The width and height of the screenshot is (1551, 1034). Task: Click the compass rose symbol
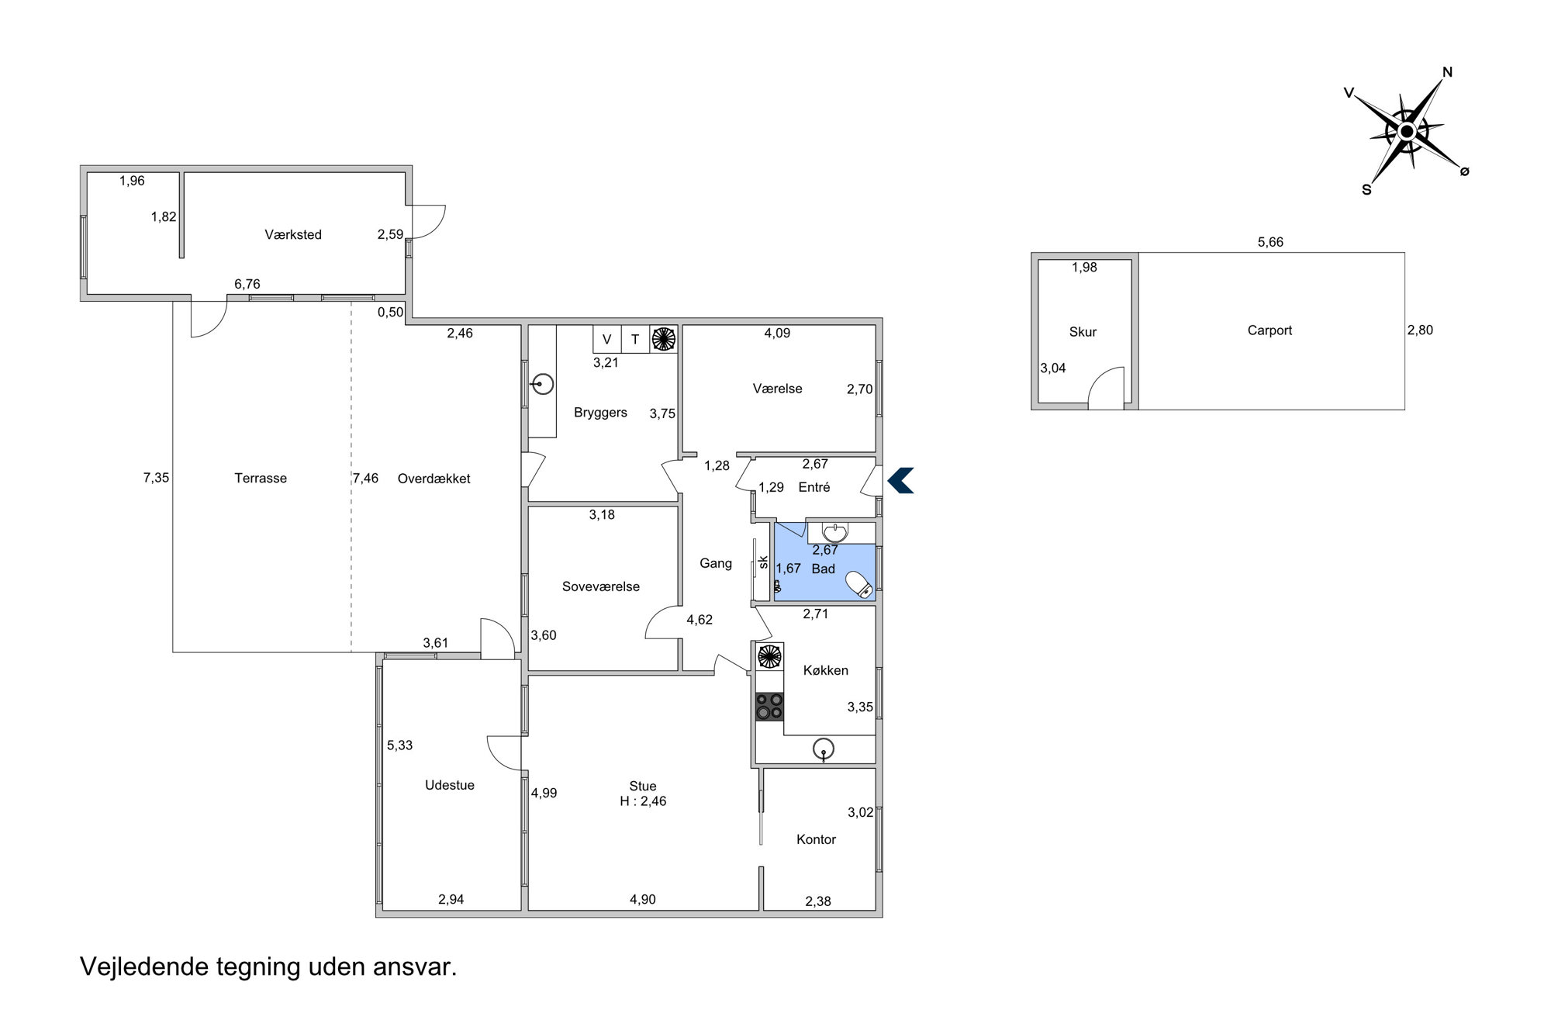[x=1406, y=132]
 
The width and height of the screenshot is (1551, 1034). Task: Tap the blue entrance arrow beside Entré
[x=900, y=480]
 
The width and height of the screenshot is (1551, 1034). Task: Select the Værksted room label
[x=293, y=234]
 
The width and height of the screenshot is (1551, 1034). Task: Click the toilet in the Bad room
[x=859, y=584]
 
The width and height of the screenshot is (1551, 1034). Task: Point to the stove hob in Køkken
[x=770, y=706]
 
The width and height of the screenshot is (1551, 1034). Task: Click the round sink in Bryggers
[x=544, y=383]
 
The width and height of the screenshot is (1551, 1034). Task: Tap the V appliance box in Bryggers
[x=607, y=339]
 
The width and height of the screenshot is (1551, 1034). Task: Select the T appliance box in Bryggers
[x=635, y=339]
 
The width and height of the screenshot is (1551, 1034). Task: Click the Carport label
[x=1269, y=330]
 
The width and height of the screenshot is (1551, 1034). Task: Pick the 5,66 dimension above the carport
[x=1270, y=242]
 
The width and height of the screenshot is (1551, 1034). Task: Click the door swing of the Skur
[x=1106, y=388]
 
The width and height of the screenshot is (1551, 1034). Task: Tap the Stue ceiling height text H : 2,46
[x=643, y=801]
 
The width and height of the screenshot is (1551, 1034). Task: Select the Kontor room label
[x=816, y=839]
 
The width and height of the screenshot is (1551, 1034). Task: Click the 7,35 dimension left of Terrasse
[x=156, y=478]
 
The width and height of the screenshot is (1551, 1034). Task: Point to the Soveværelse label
[x=601, y=586]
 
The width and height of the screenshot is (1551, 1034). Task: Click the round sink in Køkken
[x=824, y=749]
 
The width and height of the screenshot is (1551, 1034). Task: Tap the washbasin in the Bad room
[x=834, y=533]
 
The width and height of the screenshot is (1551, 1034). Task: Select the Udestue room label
[x=450, y=785]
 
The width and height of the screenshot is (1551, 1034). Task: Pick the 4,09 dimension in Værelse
[x=777, y=333]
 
